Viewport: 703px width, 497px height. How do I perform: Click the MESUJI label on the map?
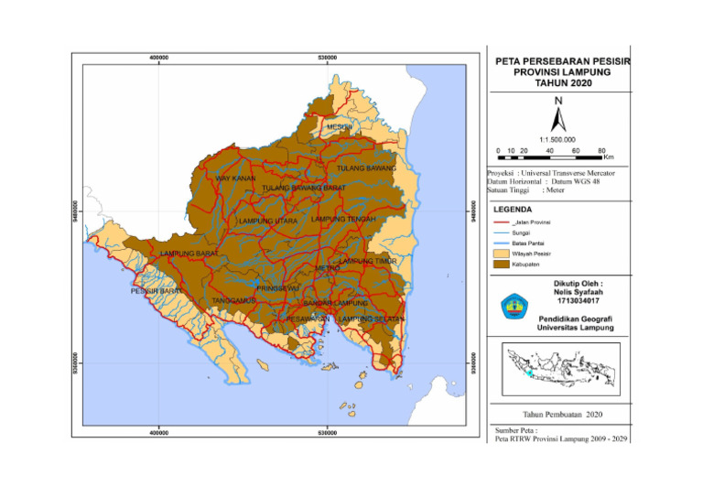point(340,126)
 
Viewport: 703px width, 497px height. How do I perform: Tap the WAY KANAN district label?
point(235,178)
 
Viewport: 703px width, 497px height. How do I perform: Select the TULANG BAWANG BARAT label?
point(303,188)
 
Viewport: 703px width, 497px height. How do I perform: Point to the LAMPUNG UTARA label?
point(268,221)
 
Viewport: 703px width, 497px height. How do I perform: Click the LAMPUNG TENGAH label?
point(343,220)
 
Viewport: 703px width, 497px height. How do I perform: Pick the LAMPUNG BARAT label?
point(189,253)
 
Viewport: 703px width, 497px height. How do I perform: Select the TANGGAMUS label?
point(233,300)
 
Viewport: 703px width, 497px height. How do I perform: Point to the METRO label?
point(327,268)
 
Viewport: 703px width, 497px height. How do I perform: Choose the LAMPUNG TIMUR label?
point(367,261)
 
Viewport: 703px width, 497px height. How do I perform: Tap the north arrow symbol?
point(557,117)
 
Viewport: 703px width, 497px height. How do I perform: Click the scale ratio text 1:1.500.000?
point(557,139)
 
